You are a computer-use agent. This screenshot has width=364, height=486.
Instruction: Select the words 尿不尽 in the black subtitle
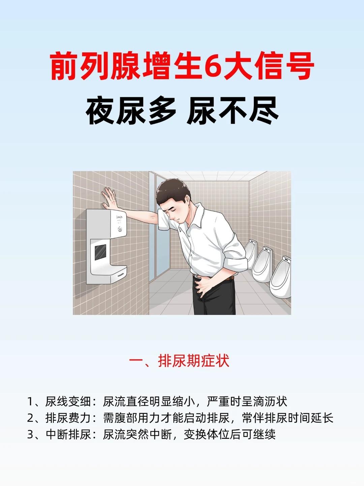[233, 111]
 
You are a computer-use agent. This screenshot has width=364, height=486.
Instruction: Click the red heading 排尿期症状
[193, 361]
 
